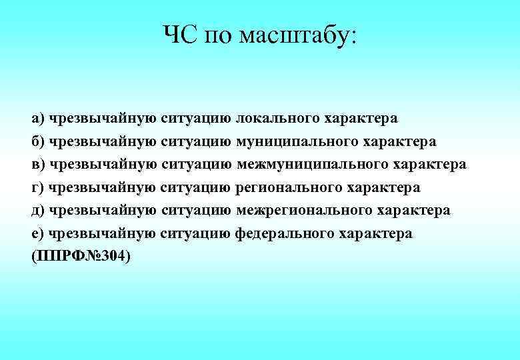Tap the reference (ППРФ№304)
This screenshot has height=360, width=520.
(81, 257)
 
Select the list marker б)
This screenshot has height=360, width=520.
(38, 141)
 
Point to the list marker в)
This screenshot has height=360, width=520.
(38, 165)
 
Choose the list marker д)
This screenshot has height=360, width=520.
(38, 211)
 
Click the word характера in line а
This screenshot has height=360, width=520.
(361, 119)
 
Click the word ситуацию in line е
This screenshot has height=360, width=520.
(197, 234)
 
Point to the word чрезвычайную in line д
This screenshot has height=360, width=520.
(103, 211)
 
